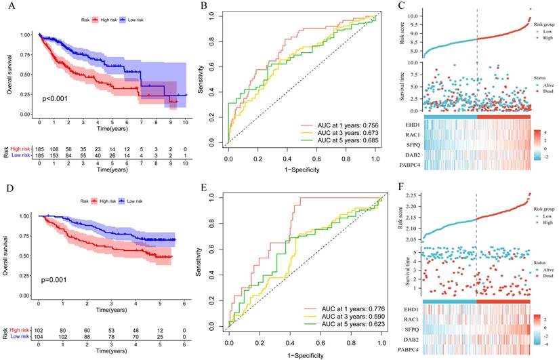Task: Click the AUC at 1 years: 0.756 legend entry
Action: click(335, 126)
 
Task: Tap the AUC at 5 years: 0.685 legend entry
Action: click(335, 145)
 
